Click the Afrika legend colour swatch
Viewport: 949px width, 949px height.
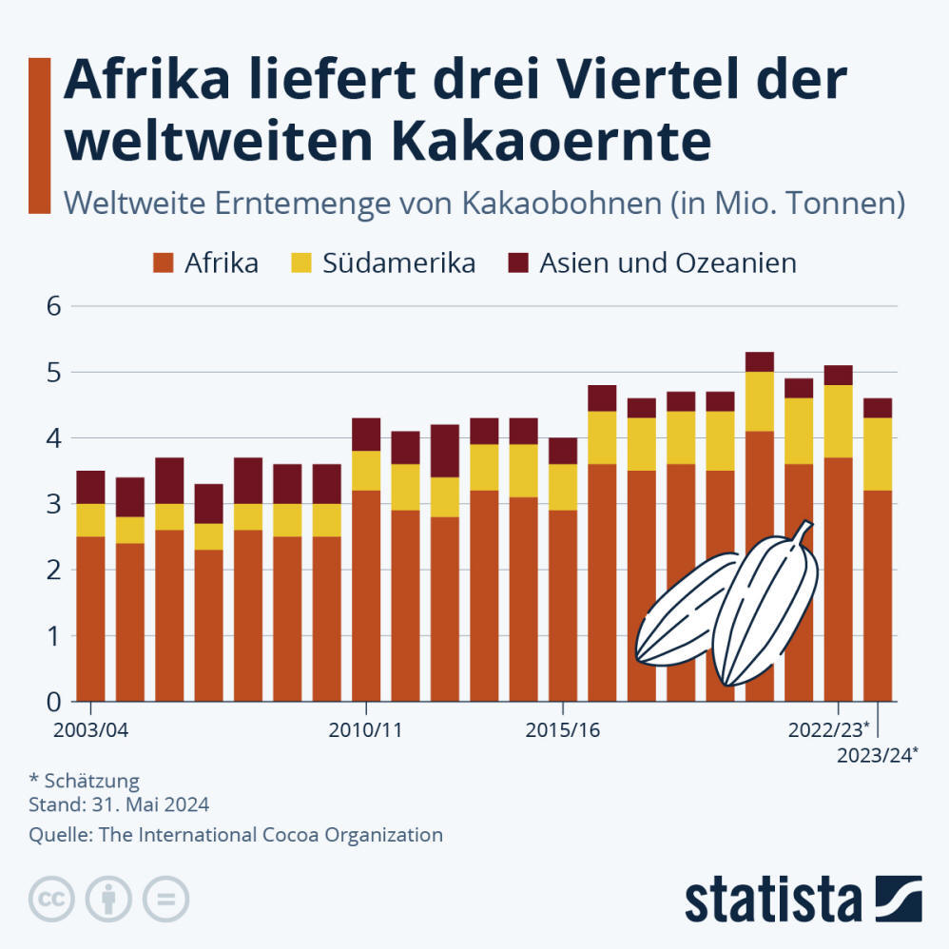coord(164,262)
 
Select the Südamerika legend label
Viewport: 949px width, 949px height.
coord(398,262)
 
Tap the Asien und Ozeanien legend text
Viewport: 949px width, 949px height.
coord(668,262)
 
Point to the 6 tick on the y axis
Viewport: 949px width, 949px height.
coord(53,306)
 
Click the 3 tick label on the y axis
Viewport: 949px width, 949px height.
coord(53,504)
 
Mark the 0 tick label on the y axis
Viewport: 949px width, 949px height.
coord(53,702)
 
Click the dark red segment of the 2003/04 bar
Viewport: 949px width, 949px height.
coord(90,487)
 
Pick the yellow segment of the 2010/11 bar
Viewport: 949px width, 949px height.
coord(366,471)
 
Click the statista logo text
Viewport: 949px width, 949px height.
coord(772,899)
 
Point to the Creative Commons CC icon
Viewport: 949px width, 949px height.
coord(53,898)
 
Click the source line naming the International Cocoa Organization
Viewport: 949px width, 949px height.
coord(236,835)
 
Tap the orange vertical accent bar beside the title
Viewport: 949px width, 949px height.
coord(39,135)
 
